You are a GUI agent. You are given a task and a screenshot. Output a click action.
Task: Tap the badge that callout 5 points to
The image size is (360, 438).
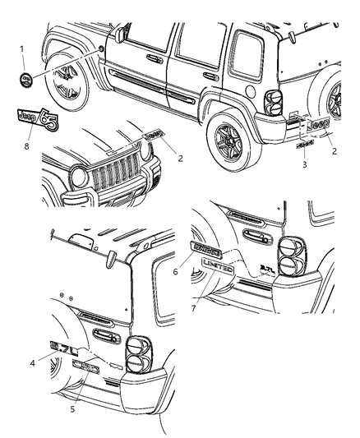point(86,370)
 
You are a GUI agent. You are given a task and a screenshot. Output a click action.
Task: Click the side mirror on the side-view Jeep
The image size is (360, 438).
point(122,35)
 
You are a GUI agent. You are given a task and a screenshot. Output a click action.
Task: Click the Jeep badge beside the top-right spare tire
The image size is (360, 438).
point(318,123)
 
